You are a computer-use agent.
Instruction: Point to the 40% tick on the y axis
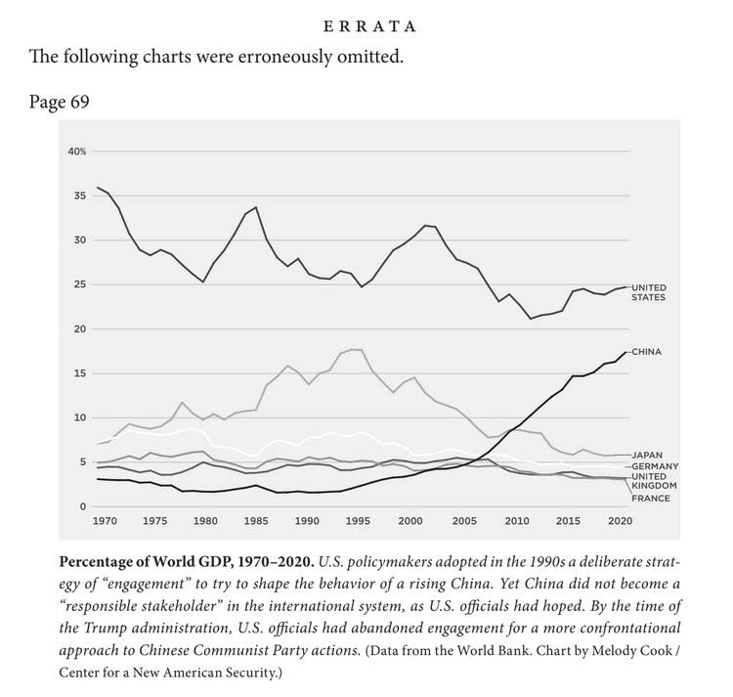coord(77,152)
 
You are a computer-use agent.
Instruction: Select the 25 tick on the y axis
coord(81,284)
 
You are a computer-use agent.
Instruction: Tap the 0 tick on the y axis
coord(84,506)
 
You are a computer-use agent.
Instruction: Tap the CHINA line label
coord(648,351)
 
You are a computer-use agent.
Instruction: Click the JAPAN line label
coord(648,456)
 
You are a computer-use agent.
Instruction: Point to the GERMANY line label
coord(654,466)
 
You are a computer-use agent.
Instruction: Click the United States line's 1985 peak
coord(256,207)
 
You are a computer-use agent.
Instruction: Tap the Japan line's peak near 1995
coord(354,349)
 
